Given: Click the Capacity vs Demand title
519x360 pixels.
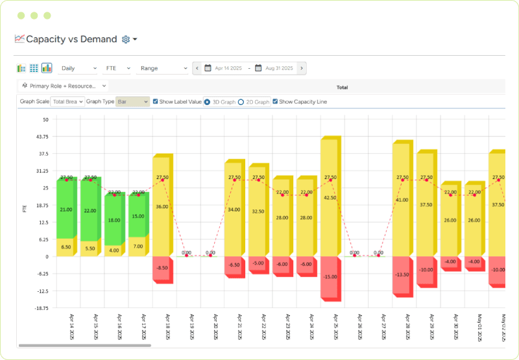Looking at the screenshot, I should [x=71, y=40].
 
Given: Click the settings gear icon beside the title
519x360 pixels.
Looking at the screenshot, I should [x=126, y=40].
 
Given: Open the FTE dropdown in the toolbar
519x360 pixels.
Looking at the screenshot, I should [x=117, y=68].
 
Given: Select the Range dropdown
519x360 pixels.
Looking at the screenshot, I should [x=163, y=68].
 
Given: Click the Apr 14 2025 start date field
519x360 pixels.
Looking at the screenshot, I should [x=226, y=68].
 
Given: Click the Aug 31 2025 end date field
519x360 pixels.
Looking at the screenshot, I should [x=278, y=68].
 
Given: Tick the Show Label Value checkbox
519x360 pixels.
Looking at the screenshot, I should [x=155, y=102].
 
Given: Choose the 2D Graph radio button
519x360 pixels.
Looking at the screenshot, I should [x=241, y=102].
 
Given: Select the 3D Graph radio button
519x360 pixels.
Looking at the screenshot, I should [x=207, y=102].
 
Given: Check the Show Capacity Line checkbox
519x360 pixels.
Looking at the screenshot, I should [x=275, y=102].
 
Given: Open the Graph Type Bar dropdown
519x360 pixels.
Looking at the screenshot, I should [x=132, y=102].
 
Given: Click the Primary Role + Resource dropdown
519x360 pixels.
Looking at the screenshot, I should [x=64, y=86].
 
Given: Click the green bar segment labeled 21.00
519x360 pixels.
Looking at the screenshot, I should [x=66, y=209].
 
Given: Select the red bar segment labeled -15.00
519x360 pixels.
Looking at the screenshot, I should [x=330, y=278].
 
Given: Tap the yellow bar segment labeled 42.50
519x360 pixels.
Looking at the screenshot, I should [x=330, y=198].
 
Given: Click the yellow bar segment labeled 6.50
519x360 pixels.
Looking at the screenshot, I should [x=66, y=247].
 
